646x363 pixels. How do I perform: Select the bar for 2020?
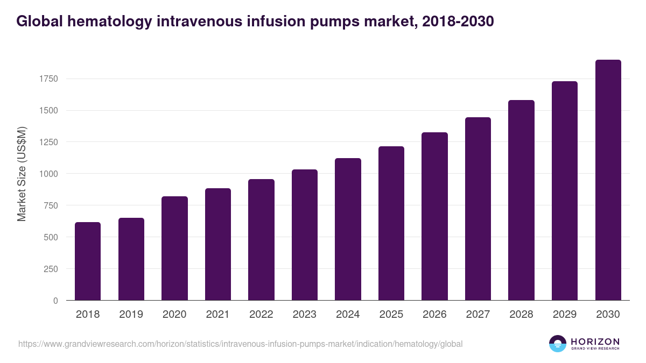(174, 248)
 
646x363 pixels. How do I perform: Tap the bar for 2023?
(305, 235)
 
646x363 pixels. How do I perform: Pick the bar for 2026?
(434, 216)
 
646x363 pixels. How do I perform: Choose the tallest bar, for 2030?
(608, 180)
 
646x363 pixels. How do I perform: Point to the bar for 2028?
(521, 200)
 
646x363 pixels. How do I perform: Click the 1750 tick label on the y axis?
(48, 79)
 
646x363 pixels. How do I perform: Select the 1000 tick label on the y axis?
(48, 174)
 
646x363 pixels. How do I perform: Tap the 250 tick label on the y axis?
(50, 269)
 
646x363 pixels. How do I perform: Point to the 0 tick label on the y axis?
(55, 301)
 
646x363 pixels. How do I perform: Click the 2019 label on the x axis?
(131, 315)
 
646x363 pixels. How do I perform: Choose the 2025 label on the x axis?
(391, 315)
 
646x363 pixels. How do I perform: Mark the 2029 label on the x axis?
(564, 315)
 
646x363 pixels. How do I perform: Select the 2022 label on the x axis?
(261, 315)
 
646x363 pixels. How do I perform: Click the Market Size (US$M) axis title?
(22, 174)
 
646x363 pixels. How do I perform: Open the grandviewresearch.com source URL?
(240, 344)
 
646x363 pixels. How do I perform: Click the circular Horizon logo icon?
(558, 344)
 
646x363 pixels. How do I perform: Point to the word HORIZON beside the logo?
(595, 341)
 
